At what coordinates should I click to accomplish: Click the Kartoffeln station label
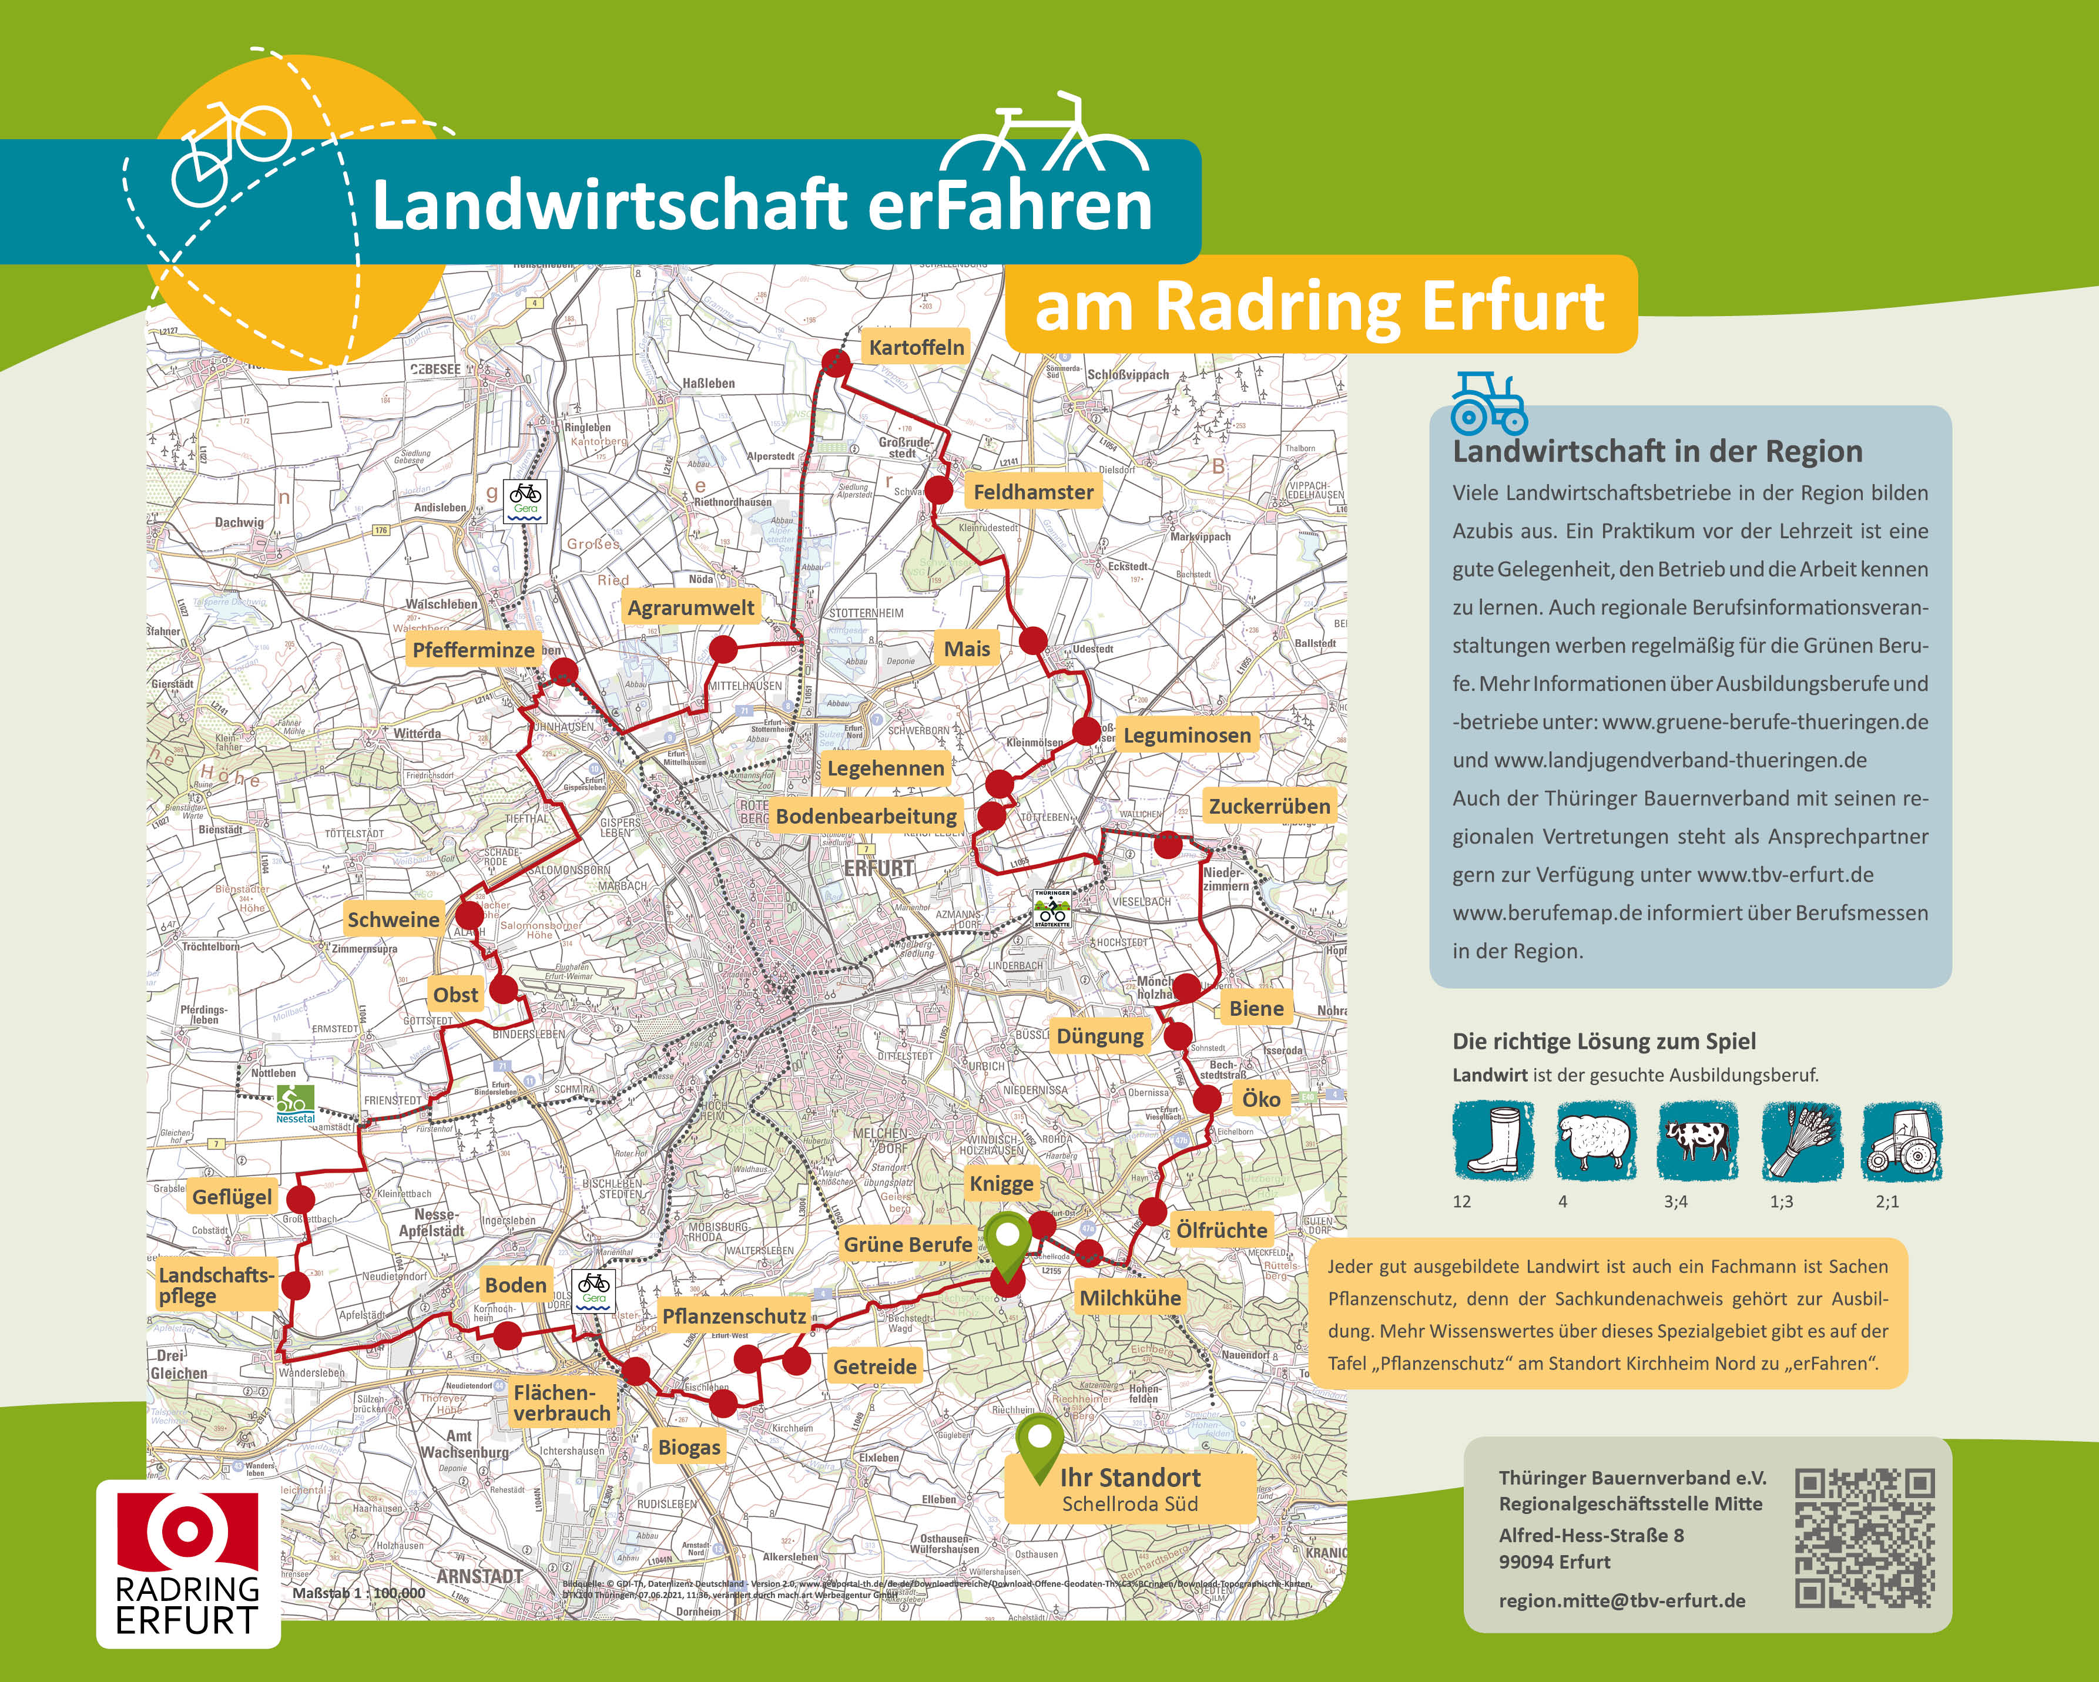click(x=916, y=347)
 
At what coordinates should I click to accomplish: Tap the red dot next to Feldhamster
click(x=938, y=491)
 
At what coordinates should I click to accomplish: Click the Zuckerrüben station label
click(x=1269, y=806)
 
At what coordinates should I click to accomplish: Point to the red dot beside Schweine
click(x=470, y=915)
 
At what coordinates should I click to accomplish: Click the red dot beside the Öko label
click(x=1207, y=1100)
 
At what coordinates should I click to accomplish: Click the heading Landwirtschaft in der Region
click(x=1657, y=452)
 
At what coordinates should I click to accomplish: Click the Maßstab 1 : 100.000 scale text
click(x=359, y=1593)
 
